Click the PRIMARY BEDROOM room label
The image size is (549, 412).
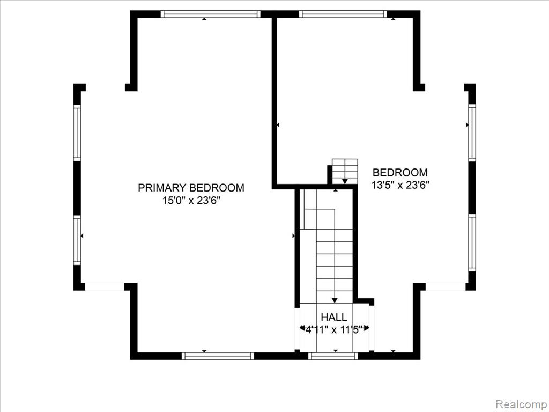pyautogui.click(x=191, y=188)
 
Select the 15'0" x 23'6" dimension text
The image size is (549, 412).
pyautogui.click(x=191, y=201)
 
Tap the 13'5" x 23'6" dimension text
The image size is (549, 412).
pyautogui.click(x=400, y=185)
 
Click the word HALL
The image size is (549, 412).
pyautogui.click(x=334, y=317)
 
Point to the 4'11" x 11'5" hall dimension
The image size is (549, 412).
pyautogui.click(x=334, y=329)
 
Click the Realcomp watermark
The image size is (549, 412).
pyautogui.click(x=521, y=403)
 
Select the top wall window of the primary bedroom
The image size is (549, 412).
pyautogui.click(x=210, y=14)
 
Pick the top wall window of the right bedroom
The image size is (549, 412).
pyautogui.click(x=343, y=14)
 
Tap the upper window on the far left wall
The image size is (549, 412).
pyautogui.click(x=77, y=133)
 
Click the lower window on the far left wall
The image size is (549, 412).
pyautogui.click(x=77, y=240)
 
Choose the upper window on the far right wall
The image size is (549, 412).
pyautogui.click(x=472, y=133)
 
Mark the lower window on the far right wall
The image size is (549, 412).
pyautogui.click(x=472, y=242)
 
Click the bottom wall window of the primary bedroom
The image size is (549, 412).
pyautogui.click(x=217, y=356)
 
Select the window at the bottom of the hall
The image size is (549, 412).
pyautogui.click(x=333, y=356)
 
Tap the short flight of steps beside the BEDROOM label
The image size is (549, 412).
pyautogui.click(x=345, y=171)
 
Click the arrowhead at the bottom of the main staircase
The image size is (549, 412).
pyautogui.click(x=335, y=300)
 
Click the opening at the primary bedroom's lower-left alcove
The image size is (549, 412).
pyautogui.click(x=105, y=287)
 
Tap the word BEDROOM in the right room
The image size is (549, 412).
pyautogui.click(x=400, y=173)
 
